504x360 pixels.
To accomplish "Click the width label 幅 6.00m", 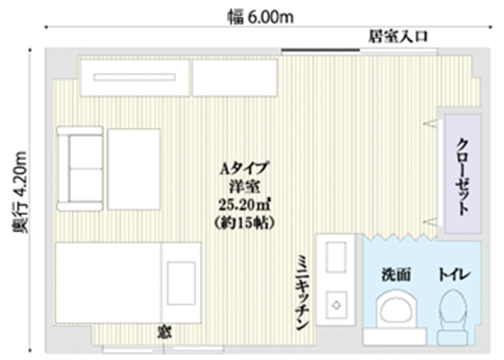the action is tap(261, 17).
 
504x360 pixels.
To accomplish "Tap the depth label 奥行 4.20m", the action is tap(20, 192).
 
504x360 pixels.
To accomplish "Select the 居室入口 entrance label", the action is tap(398, 36).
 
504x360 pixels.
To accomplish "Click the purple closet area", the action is tap(463, 173).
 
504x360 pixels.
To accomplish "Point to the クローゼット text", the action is tap(462, 177).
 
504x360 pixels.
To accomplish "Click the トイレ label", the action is tap(454, 275).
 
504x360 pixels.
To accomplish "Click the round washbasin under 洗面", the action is tap(396, 309).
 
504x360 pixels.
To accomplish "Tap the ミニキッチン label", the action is tap(302, 292).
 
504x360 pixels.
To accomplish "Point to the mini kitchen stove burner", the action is tap(336, 305).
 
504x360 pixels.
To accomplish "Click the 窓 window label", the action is tap(164, 332).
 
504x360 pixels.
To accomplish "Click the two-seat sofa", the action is tap(80, 168).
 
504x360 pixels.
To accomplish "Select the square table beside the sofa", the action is tap(134, 169).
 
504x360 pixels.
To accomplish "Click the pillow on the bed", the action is tap(181, 283).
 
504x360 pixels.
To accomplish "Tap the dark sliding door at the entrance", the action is tap(321, 50).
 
